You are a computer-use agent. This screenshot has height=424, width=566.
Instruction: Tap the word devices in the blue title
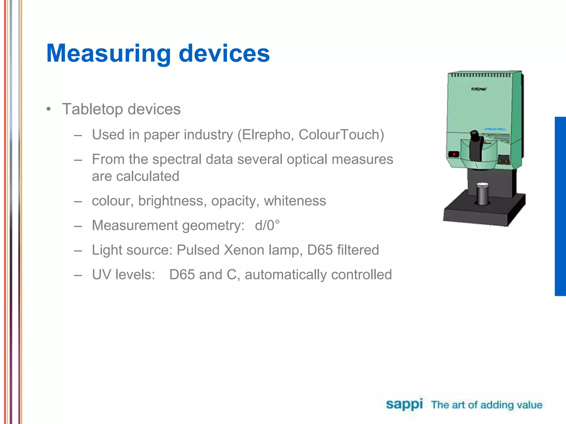pos(224,54)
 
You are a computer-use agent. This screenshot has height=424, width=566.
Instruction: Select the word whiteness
pos(295,201)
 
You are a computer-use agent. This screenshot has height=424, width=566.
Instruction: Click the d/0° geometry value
pos(267,225)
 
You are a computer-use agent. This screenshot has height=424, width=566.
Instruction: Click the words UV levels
pos(124,275)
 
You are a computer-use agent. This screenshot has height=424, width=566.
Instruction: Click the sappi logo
pos(404,405)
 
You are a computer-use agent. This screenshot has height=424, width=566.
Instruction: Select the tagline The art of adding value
pos(486,405)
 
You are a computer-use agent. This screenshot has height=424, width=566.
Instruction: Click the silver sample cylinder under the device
pos(483,194)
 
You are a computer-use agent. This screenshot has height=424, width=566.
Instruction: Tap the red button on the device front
pos(454,154)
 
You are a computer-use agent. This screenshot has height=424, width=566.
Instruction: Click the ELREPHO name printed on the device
pos(479,89)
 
